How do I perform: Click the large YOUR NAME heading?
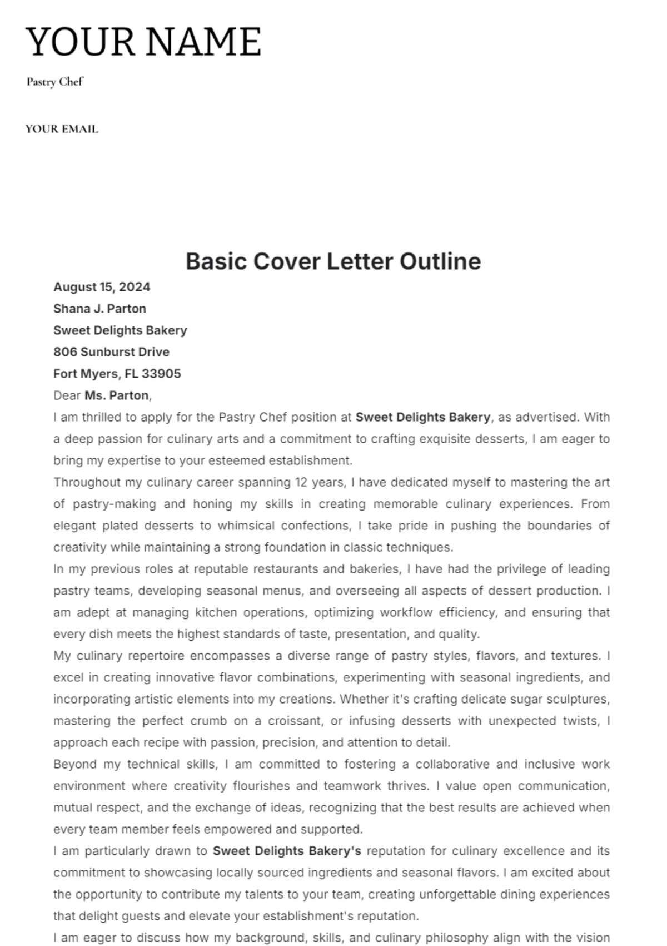143,42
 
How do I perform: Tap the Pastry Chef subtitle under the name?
54,82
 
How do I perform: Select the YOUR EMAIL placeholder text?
62,129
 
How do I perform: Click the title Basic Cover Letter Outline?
333,261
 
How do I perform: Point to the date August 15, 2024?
102,287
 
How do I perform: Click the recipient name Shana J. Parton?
99,309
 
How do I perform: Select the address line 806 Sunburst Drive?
111,352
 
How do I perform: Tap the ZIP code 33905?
161,374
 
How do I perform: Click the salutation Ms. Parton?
117,395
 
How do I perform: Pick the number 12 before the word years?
301,482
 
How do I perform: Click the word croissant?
295,721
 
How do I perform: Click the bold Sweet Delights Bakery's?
287,851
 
